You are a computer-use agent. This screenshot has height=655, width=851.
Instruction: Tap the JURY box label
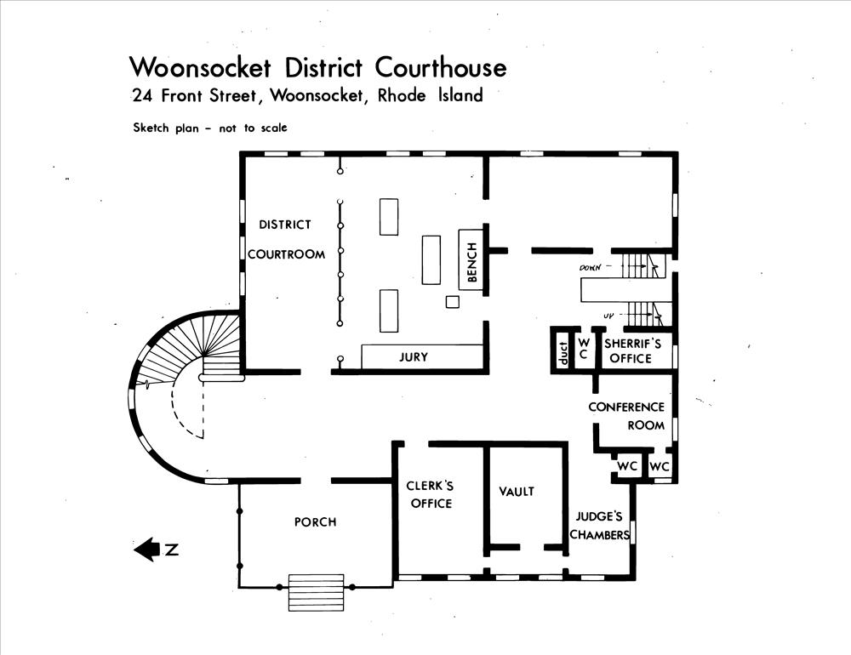click(x=414, y=357)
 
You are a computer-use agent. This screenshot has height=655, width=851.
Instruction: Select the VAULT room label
click(x=517, y=492)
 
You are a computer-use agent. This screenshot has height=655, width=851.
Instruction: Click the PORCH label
click(x=315, y=521)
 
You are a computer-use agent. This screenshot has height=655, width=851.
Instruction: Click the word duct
click(x=562, y=351)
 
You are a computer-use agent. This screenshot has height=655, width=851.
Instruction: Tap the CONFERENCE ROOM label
click(x=627, y=416)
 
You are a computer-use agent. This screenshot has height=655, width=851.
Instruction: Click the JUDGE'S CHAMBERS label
click(x=599, y=526)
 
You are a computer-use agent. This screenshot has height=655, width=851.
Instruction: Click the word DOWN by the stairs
click(x=591, y=268)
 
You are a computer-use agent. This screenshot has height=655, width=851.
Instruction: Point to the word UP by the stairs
click(x=608, y=316)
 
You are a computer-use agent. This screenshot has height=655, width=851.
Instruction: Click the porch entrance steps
click(x=316, y=592)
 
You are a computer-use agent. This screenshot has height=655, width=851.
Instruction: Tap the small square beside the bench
click(x=453, y=302)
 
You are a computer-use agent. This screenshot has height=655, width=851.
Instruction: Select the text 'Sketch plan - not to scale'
click(x=209, y=128)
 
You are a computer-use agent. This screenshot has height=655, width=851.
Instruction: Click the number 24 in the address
click(x=141, y=95)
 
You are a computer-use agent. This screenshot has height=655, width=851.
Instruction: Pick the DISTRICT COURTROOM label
click(x=286, y=240)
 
